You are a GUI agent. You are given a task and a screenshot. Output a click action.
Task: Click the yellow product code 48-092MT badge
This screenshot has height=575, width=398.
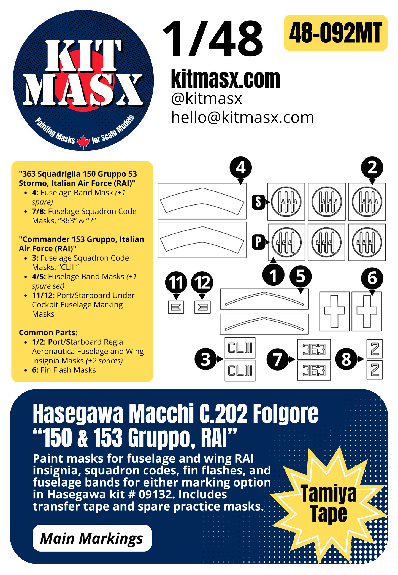[x=335, y=33]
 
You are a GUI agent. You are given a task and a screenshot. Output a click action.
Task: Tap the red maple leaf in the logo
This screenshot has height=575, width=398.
[x=83, y=142]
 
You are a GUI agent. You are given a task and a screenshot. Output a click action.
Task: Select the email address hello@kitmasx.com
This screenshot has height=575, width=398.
[x=242, y=118]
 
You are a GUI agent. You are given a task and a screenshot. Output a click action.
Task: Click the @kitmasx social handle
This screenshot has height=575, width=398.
[x=207, y=99]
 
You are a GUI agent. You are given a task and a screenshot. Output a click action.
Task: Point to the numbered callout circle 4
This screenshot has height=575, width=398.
[x=241, y=167]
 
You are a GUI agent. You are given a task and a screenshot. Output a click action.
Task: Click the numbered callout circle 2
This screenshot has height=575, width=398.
[x=372, y=167]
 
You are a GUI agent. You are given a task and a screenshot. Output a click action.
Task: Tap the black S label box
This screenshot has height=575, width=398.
[x=258, y=202]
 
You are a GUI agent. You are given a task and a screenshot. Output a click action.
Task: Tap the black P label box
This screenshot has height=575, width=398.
[x=258, y=242]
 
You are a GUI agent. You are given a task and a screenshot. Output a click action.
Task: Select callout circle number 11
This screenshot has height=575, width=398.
[x=176, y=282]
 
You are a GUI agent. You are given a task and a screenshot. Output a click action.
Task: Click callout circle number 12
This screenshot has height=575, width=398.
[x=202, y=282]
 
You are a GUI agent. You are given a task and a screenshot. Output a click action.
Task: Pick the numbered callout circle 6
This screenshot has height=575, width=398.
[x=372, y=278]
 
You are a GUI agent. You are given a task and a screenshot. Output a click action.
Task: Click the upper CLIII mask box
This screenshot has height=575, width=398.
[x=240, y=348]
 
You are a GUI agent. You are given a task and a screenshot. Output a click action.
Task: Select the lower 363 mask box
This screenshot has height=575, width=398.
[x=314, y=371]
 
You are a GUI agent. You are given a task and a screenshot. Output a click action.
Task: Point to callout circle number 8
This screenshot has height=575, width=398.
[x=346, y=359]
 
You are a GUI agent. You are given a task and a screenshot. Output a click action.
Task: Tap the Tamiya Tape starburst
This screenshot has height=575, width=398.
[x=329, y=504]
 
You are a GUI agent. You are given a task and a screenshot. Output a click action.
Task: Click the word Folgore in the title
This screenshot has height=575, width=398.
[x=285, y=414]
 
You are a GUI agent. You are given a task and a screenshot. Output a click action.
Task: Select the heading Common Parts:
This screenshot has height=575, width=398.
[x=48, y=333]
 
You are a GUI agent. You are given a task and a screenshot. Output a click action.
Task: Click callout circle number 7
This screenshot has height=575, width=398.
[x=277, y=359]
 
